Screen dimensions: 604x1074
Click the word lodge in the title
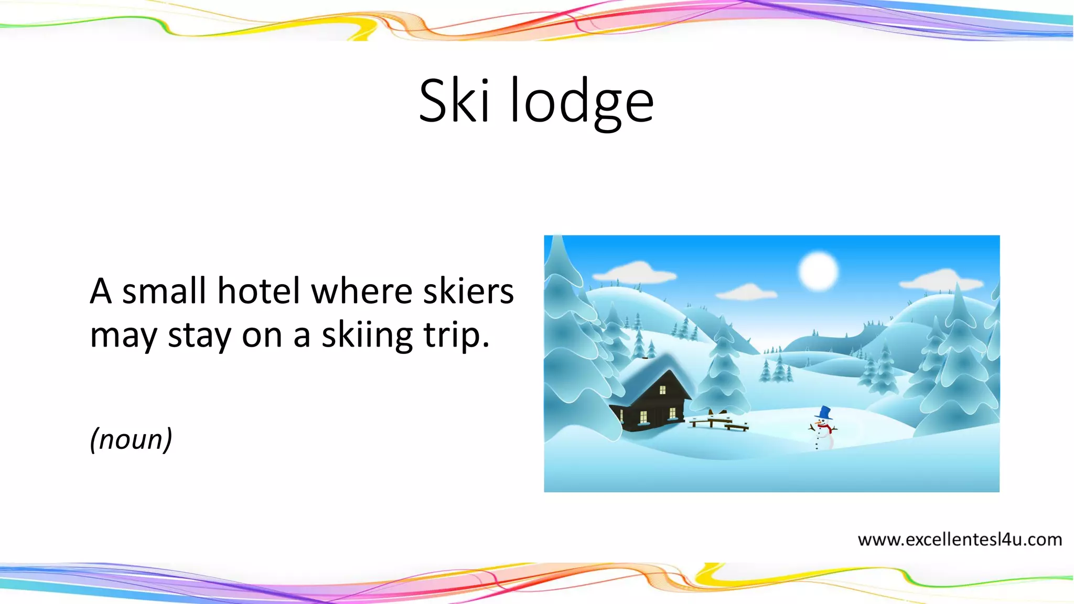[x=582, y=102]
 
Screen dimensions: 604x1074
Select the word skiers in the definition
[x=468, y=291]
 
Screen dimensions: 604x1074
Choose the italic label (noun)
[x=131, y=439]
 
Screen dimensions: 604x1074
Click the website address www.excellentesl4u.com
[x=959, y=540]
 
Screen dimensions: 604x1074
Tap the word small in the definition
[x=164, y=291]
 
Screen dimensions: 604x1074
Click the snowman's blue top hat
[x=825, y=413]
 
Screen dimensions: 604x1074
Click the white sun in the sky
[x=818, y=272]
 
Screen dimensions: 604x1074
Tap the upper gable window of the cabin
[x=662, y=390]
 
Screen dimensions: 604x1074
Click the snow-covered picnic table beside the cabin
[x=718, y=421]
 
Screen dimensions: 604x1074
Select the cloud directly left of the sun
[x=747, y=292]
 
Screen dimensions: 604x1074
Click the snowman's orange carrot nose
[x=819, y=421]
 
